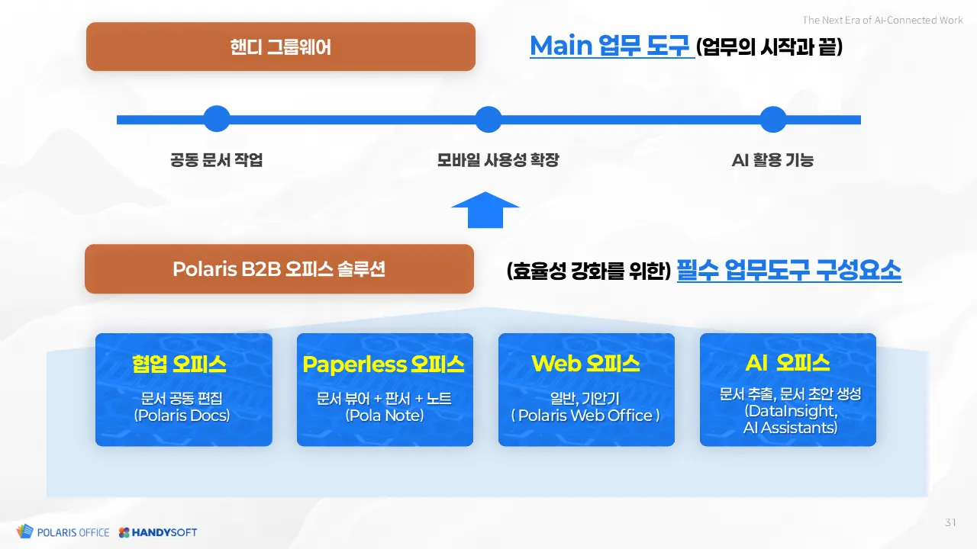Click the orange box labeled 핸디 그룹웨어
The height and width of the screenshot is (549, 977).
[x=280, y=47]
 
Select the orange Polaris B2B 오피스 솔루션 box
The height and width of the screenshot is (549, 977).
[x=279, y=269]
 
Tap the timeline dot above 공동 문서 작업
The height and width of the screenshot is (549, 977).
[x=217, y=118]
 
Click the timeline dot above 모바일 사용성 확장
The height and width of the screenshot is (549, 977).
[x=488, y=119]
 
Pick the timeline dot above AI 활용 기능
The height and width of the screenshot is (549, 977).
[x=773, y=119]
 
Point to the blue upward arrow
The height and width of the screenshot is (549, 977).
[x=485, y=210]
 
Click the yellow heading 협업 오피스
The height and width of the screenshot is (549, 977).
[x=179, y=364]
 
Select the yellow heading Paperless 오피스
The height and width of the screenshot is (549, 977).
[x=383, y=364]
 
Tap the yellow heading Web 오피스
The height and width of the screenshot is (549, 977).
[x=585, y=364]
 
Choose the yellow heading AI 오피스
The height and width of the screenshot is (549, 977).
[x=787, y=362]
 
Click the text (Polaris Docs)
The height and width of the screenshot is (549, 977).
[x=182, y=416]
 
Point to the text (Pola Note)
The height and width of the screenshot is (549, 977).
[x=384, y=416]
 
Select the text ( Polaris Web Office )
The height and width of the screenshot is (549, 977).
[x=585, y=416]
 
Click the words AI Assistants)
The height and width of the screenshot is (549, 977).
[x=790, y=428]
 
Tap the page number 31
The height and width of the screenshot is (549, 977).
[x=951, y=522]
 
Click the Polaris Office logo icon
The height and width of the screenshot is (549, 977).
[x=25, y=531]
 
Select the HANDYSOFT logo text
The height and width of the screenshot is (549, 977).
[x=164, y=532]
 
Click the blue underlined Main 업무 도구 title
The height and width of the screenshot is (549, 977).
[x=610, y=46]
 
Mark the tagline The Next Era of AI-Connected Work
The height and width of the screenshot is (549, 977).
[x=882, y=20]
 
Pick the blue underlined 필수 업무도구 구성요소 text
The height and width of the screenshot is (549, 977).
[x=789, y=270]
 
